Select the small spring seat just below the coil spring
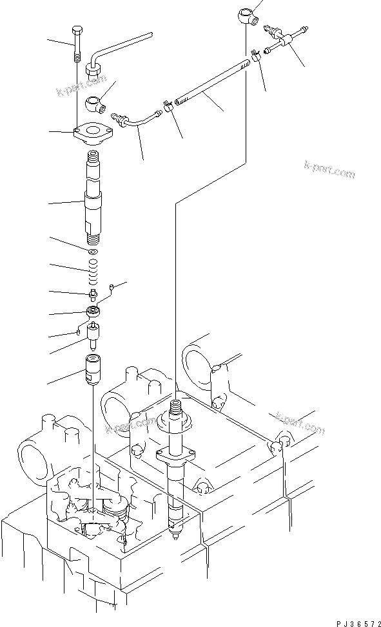point(93,294)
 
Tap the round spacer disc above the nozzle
point(94,312)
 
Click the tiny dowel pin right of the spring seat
point(112,287)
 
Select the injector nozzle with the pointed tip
point(94,336)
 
